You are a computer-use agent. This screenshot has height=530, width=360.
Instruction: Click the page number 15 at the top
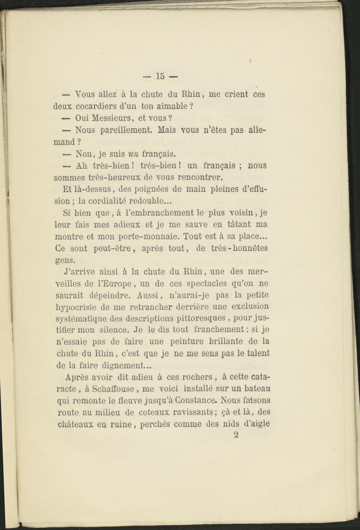point(160,76)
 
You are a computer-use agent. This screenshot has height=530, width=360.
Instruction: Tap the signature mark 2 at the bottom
point(236,435)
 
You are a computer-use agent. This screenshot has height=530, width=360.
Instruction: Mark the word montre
point(69,237)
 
